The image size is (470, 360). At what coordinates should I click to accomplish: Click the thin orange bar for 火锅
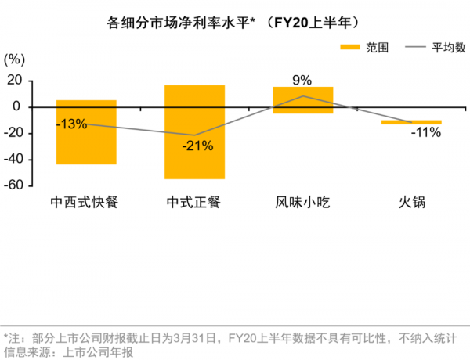(x=411, y=122)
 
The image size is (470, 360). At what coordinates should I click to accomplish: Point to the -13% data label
(x=70, y=123)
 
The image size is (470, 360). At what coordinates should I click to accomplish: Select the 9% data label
(x=302, y=79)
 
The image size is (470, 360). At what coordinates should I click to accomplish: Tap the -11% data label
(x=426, y=132)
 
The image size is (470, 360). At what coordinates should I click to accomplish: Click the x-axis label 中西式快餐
(x=86, y=202)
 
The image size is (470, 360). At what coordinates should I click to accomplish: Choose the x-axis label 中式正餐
(x=194, y=202)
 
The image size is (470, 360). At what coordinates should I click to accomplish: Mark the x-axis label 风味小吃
(x=303, y=202)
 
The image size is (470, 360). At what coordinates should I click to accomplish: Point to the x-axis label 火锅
(x=411, y=202)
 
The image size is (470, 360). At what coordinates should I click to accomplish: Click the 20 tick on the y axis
(x=13, y=80)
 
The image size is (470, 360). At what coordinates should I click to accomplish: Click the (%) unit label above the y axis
(x=15, y=59)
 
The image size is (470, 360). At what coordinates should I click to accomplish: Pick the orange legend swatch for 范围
(x=349, y=48)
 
